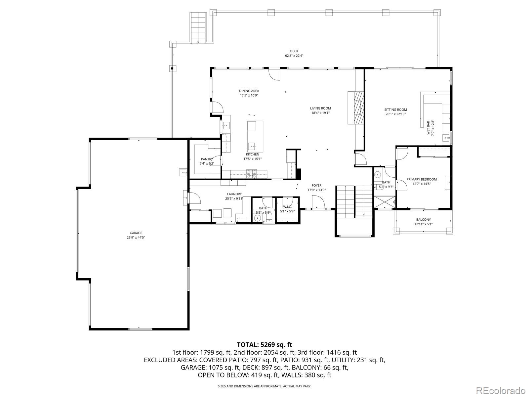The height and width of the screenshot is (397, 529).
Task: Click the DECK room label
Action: [294, 51]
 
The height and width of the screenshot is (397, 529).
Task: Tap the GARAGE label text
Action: [136, 233]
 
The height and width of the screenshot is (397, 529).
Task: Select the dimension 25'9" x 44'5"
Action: [136, 238]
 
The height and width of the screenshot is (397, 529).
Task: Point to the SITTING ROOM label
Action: [395, 110]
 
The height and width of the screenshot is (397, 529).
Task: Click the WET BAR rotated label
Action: [428, 128]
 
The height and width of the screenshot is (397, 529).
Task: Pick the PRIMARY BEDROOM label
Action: [422, 179]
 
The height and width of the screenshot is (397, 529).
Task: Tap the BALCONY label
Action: [424, 220]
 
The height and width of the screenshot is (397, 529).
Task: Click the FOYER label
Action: [316, 185]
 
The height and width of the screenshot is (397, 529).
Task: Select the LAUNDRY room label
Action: [234, 194]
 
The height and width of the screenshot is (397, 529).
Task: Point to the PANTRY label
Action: [207, 159]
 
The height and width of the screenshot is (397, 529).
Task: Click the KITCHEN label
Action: [253, 154]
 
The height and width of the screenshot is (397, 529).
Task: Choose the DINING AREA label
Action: [249, 91]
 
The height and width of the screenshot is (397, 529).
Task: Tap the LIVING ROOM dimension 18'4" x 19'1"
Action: [320, 113]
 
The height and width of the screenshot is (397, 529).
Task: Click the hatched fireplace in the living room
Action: [358, 108]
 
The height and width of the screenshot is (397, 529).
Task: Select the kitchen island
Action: [255, 136]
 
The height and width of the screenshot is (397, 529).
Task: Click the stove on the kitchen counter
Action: [251, 174]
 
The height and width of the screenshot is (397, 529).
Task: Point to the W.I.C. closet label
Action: [287, 207]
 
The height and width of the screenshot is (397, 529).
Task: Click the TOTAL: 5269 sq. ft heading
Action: [264, 345]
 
